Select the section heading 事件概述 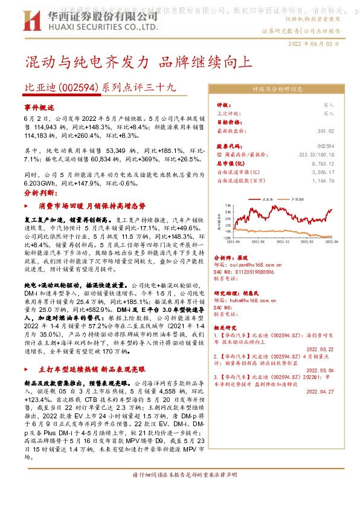pyautogui.click(x=39, y=106)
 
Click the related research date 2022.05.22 pyautogui.click(x=320, y=349)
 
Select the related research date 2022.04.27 pyautogui.click(x=320, y=392)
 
